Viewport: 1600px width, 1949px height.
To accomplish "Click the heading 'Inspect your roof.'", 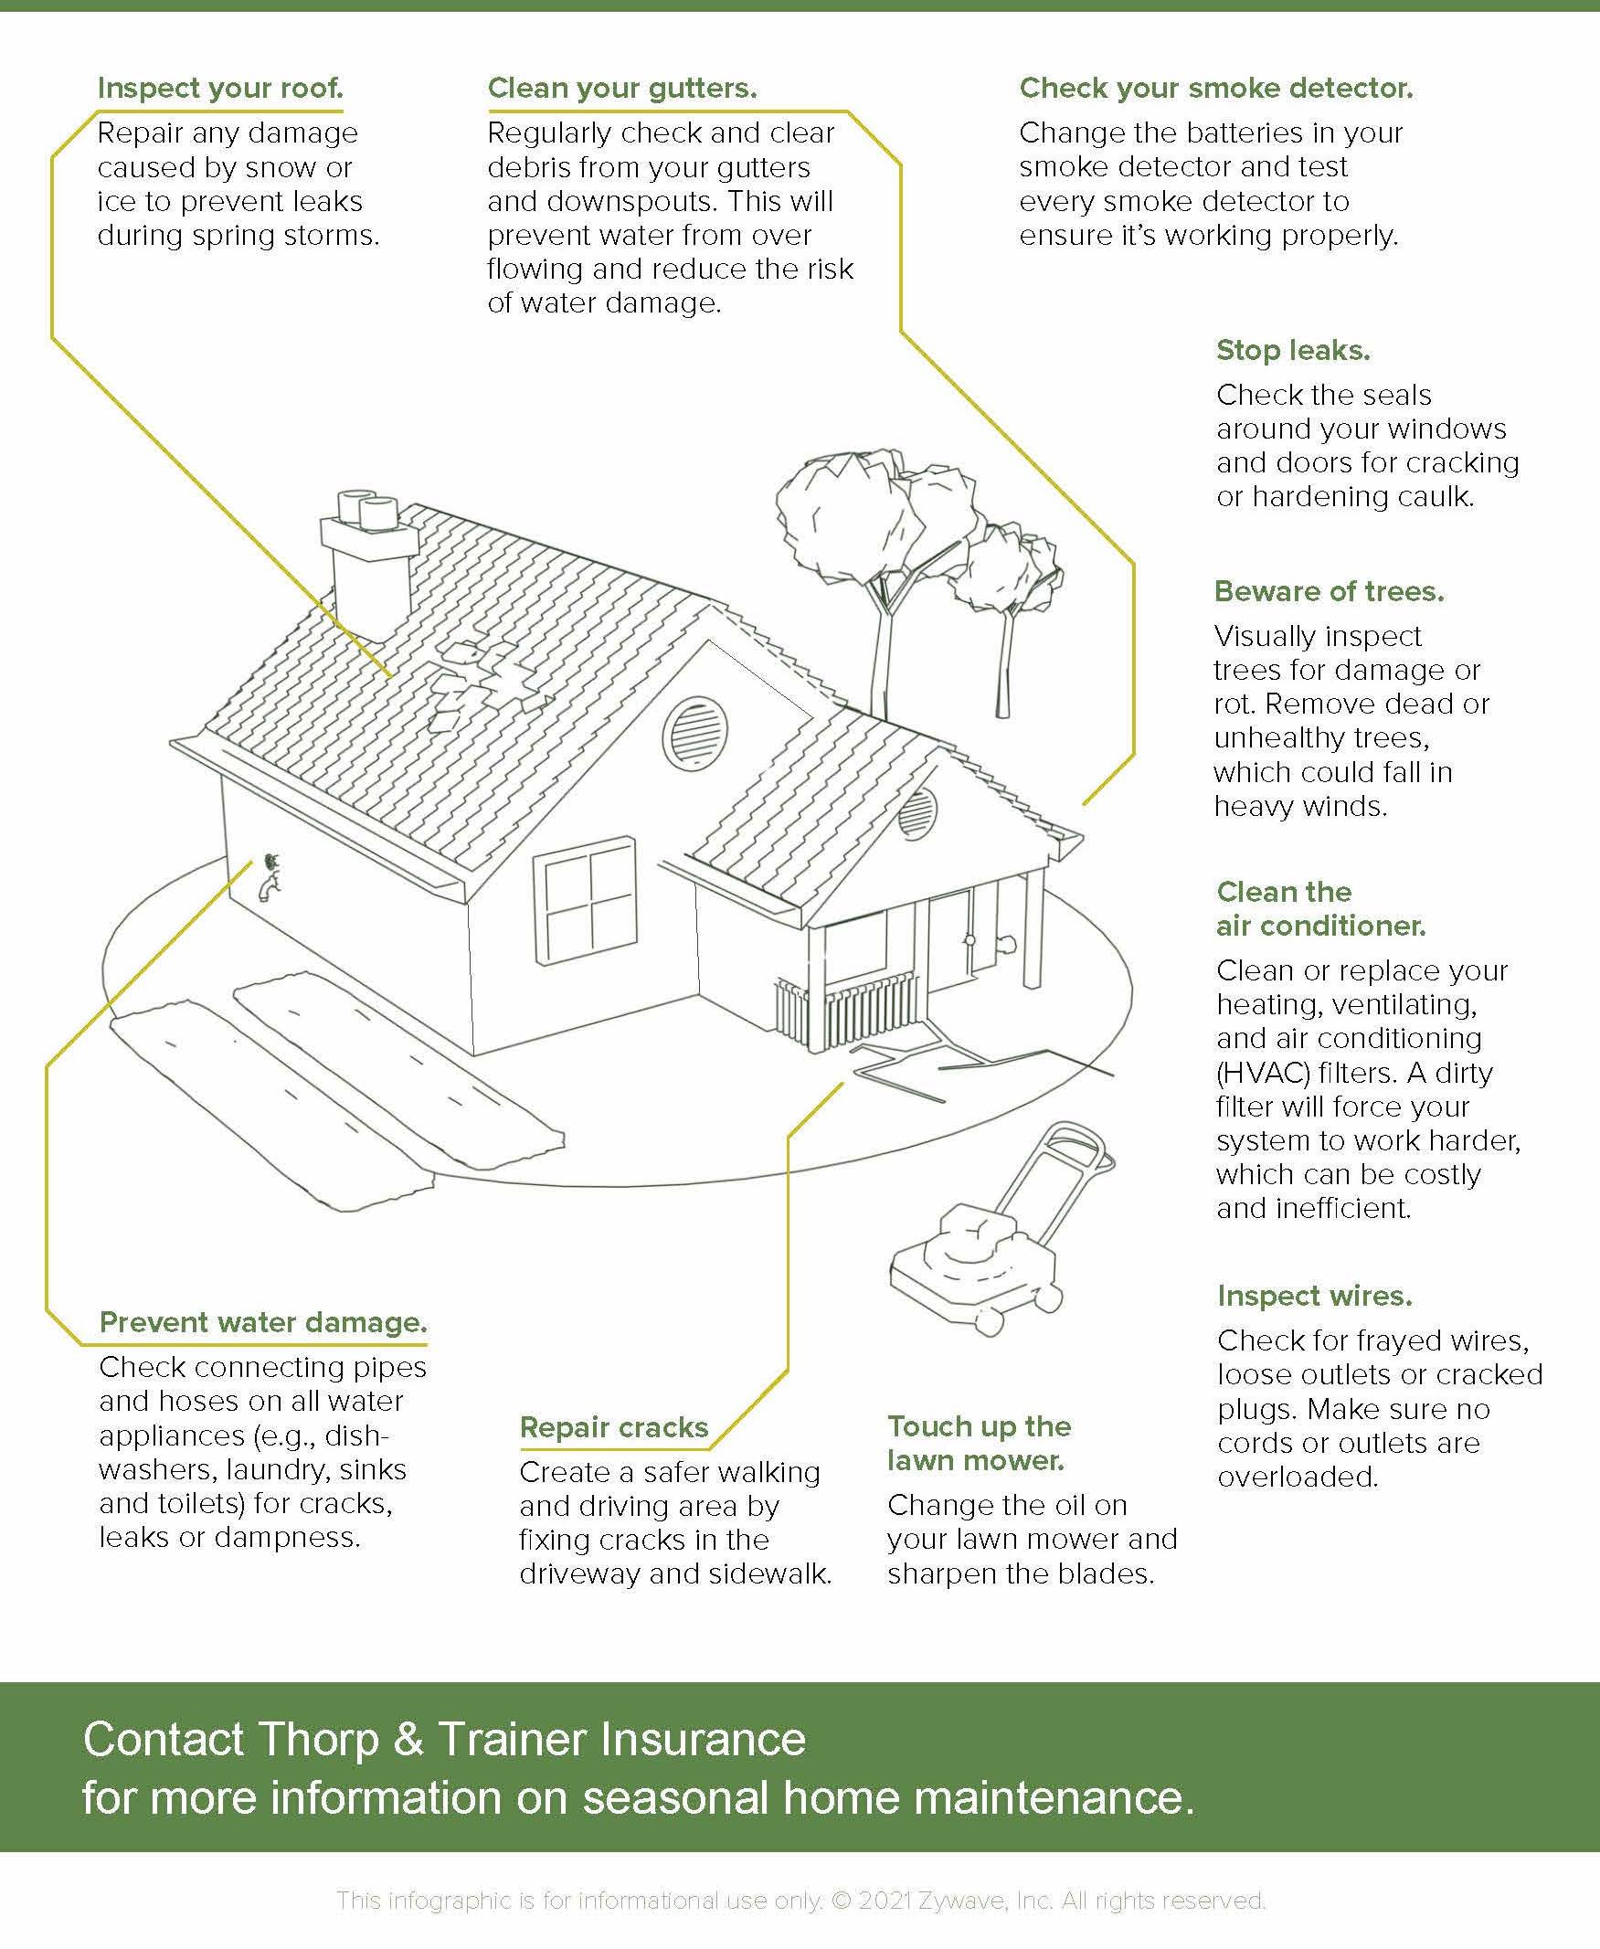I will pos(220,89).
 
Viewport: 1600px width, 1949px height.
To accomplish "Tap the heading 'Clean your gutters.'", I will pos(622,89).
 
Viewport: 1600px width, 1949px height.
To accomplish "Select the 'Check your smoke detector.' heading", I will pos(1215,89).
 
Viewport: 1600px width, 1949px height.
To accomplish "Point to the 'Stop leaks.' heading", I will pos(1293,350).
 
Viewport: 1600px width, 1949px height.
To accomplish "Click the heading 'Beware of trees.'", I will pos(1329,591).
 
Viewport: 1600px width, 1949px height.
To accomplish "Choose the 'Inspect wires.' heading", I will pos(1314,1296).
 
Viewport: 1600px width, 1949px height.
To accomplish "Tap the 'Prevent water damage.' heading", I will pos(262,1322).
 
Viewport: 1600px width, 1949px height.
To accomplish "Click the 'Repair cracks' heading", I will pos(614,1427).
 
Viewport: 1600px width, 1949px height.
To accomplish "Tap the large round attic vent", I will pos(694,733).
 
